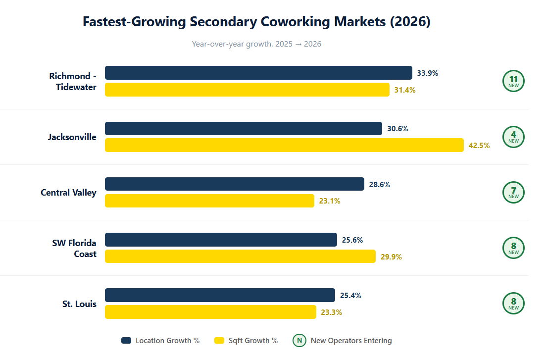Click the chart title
(x=256, y=22)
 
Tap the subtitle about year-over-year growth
(x=256, y=44)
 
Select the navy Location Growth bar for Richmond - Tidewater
(x=258, y=73)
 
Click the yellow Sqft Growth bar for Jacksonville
(x=284, y=145)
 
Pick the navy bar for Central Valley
(x=235, y=184)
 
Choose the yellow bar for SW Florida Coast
(x=240, y=257)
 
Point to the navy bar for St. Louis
(x=220, y=295)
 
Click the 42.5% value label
(x=479, y=146)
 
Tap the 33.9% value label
(x=427, y=73)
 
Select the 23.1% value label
(x=329, y=201)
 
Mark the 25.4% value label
(x=350, y=296)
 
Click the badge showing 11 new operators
(x=513, y=81)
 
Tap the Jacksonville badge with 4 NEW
(x=513, y=137)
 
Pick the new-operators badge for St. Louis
(x=513, y=303)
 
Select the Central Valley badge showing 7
(x=513, y=192)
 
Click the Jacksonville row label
(x=72, y=137)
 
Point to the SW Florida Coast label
(x=74, y=249)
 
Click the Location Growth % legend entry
(x=160, y=341)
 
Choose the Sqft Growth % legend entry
(x=246, y=341)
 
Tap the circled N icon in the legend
(x=299, y=341)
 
